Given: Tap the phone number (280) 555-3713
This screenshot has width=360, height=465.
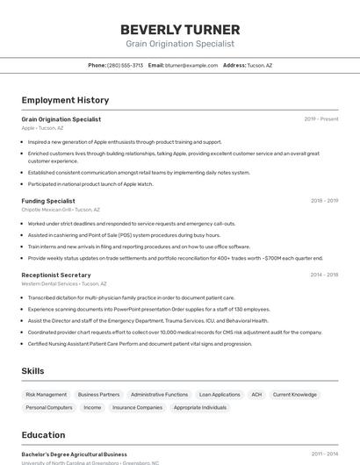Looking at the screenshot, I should pyautogui.click(x=125, y=65).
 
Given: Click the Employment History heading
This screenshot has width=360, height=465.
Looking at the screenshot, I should pyautogui.click(x=65, y=100).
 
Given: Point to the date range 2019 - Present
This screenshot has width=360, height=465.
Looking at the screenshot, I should pyautogui.click(x=321, y=119).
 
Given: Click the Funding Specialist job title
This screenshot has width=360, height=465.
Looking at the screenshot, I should pyautogui.click(x=48, y=201).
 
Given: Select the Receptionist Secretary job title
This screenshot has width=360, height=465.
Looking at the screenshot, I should pyautogui.click(x=56, y=275).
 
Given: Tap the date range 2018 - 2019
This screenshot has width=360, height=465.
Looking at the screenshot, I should pyautogui.click(x=324, y=201).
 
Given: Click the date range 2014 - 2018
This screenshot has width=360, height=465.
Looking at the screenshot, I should pyautogui.click(x=324, y=275).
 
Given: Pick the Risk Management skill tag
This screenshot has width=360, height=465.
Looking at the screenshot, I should pyautogui.click(x=46, y=395).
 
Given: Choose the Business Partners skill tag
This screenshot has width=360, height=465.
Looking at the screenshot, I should pyautogui.click(x=98, y=395).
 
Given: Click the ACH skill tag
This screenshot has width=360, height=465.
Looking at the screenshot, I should pyautogui.click(x=256, y=395).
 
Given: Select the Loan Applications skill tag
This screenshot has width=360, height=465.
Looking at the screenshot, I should pyautogui.click(x=220, y=395).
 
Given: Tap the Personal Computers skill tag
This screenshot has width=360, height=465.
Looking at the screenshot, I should pyautogui.click(x=49, y=407).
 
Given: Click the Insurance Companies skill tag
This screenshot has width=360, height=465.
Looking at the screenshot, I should pyautogui.click(x=137, y=407).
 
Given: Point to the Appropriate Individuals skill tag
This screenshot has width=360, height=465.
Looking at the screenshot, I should pyautogui.click(x=200, y=407).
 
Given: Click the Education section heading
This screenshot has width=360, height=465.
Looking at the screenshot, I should pyautogui.click(x=43, y=435).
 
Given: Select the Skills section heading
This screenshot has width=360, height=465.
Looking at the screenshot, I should pyautogui.click(x=32, y=371).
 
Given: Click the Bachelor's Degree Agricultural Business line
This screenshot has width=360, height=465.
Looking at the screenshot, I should pyautogui.click(x=74, y=454).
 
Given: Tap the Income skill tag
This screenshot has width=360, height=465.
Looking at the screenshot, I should pyautogui.click(x=92, y=407).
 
